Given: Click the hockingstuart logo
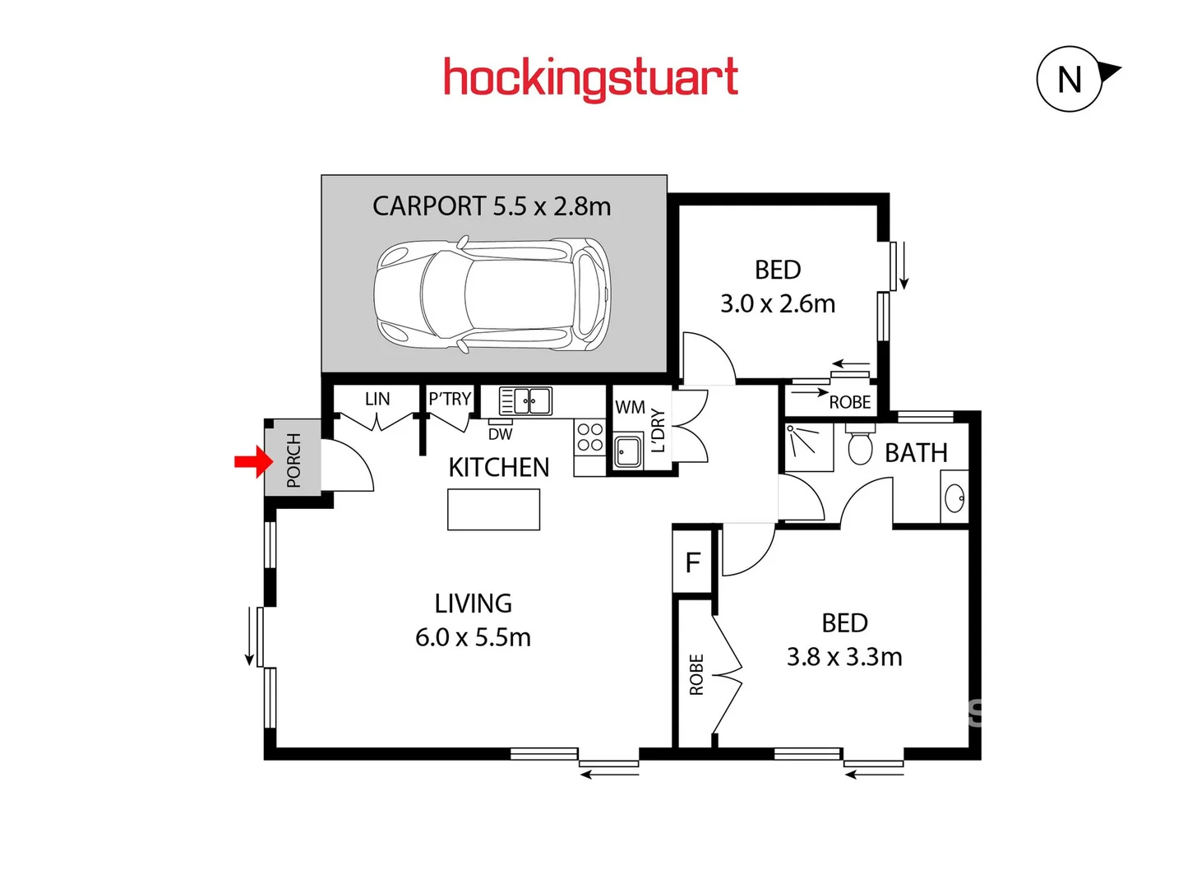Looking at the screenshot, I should (x=590, y=79).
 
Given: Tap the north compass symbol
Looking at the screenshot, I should (x=1070, y=80).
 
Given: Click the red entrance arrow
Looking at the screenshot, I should (x=253, y=462).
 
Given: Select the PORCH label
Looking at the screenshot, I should (x=293, y=460).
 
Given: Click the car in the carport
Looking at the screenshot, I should (x=492, y=295).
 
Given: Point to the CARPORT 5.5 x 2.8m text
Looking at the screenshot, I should (x=492, y=206).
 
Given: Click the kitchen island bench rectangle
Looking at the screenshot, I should (x=493, y=510).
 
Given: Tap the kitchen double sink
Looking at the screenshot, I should (x=526, y=401).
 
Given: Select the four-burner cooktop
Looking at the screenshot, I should (x=589, y=437).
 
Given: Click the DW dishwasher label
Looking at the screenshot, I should (x=500, y=434).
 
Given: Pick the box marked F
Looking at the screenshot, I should (x=692, y=562).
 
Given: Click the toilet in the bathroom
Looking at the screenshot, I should (x=860, y=445).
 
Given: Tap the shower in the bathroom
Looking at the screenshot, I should (x=808, y=447).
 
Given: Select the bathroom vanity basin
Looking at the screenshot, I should (x=954, y=497).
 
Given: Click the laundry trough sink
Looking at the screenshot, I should (x=628, y=451).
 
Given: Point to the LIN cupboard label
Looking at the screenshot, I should (x=377, y=399).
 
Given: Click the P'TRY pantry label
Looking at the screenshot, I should (x=450, y=399).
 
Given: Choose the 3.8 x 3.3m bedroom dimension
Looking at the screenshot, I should (x=844, y=657).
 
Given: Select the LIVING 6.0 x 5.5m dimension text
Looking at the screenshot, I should (x=473, y=637).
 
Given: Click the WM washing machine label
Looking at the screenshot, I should (x=630, y=407).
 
